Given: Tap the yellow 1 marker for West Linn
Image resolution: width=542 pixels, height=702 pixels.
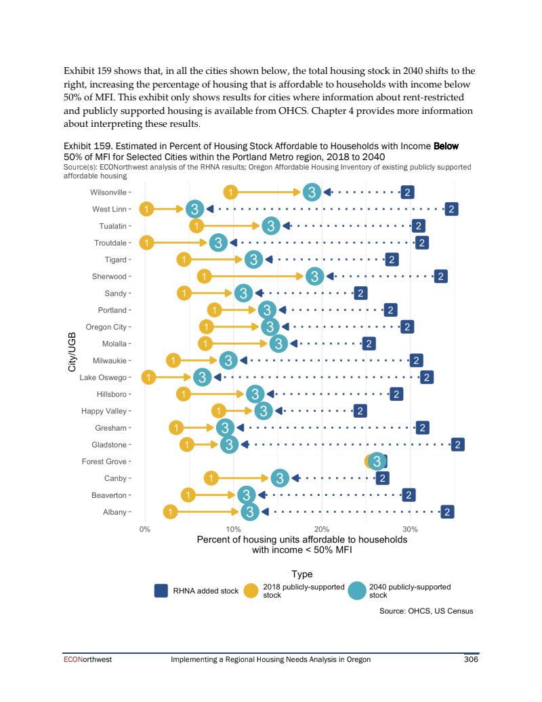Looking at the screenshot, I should click(x=146, y=209).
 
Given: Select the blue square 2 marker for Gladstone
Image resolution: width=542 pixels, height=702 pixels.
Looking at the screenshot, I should click(x=458, y=445).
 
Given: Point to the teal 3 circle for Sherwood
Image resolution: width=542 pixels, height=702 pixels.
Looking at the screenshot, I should click(x=314, y=276).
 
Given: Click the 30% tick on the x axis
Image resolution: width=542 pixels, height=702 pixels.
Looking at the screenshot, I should click(x=410, y=528).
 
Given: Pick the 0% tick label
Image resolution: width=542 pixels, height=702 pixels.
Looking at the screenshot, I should click(x=145, y=528).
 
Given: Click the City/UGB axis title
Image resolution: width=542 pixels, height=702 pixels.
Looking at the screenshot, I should click(x=72, y=352).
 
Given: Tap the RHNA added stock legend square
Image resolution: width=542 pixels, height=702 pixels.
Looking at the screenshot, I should click(x=161, y=591).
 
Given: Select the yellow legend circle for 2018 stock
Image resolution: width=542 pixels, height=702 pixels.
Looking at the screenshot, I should click(x=251, y=591).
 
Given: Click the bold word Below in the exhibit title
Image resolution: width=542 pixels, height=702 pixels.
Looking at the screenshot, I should click(x=446, y=146).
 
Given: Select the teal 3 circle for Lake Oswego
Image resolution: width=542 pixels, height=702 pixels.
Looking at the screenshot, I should click(x=202, y=377).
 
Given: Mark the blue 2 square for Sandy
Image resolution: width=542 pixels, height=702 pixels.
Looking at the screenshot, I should click(x=360, y=293).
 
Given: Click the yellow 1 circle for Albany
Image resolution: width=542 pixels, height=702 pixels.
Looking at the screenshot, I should click(x=171, y=512).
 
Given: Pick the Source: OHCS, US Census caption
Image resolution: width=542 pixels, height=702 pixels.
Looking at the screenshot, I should click(x=426, y=611).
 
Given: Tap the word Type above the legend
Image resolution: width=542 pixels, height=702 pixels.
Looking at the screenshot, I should click(x=301, y=574).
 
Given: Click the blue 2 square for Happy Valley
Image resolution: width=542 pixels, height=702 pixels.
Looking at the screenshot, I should click(x=360, y=411).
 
